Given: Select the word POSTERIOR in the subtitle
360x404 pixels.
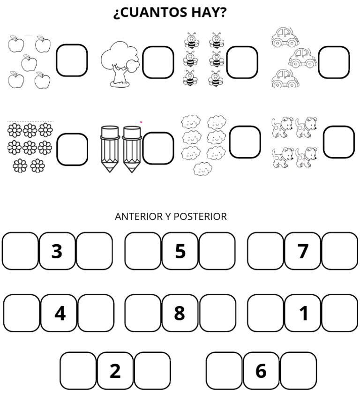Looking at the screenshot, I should click(x=200, y=217).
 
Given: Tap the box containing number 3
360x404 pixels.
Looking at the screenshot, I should click(x=57, y=251).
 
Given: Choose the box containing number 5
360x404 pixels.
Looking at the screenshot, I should click(x=180, y=251).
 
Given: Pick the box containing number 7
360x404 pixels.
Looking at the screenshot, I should click(x=303, y=251).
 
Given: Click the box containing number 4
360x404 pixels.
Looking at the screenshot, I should click(x=60, y=313).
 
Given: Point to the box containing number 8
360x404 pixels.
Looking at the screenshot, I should click(x=180, y=313).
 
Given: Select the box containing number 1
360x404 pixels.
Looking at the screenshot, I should click(x=303, y=313).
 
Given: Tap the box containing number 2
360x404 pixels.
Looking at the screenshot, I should click(x=115, y=371).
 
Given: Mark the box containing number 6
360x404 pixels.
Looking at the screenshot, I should click(x=261, y=371).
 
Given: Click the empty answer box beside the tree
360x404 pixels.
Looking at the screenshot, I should click(x=158, y=62).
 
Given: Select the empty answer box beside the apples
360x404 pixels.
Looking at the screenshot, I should click(x=72, y=60).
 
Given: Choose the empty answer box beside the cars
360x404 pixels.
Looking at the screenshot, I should click(x=334, y=62).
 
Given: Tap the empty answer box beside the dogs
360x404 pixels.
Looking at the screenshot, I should click(x=338, y=142).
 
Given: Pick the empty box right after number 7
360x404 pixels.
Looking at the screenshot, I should click(x=340, y=251).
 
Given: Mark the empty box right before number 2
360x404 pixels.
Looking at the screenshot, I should click(x=78, y=371).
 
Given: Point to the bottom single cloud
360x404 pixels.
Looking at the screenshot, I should click(x=202, y=168).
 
